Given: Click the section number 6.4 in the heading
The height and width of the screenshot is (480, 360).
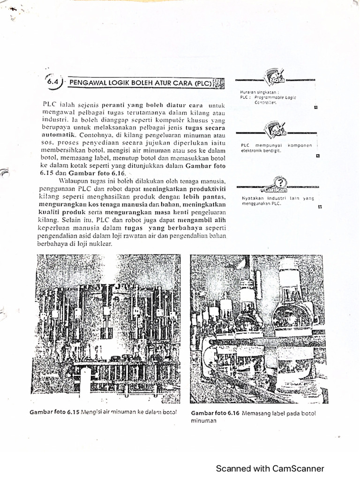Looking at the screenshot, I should coord(52,81).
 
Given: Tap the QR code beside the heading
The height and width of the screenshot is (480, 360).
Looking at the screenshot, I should coord(218,83).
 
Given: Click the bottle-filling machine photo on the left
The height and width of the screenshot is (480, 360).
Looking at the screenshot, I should coord(105,323).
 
